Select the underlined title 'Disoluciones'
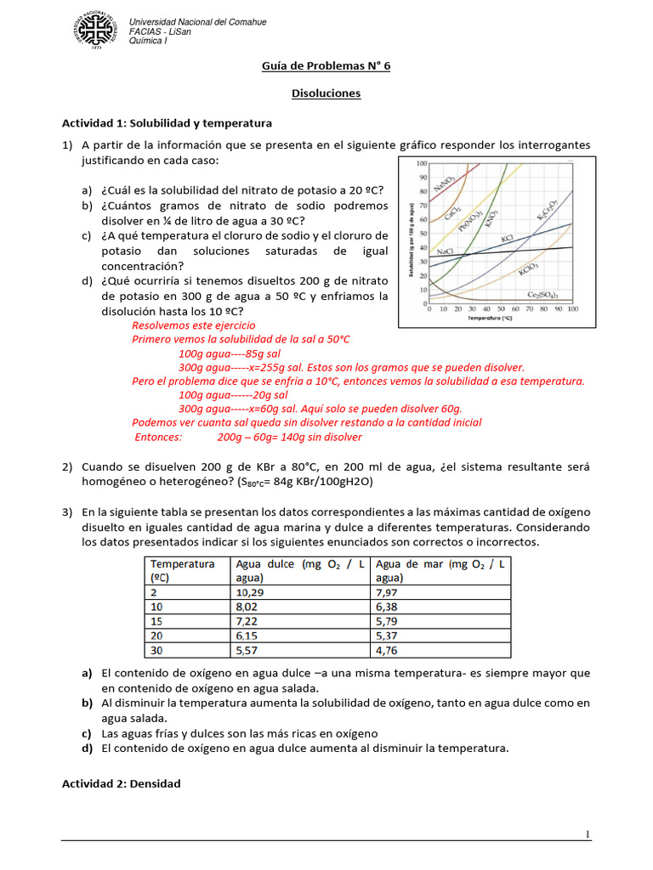tap(326, 93)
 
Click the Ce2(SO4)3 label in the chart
tap(542, 294)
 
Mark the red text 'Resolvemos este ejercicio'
tap(193, 325)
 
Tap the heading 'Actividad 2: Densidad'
tap(122, 783)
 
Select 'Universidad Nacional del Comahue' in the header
tap(196, 21)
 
